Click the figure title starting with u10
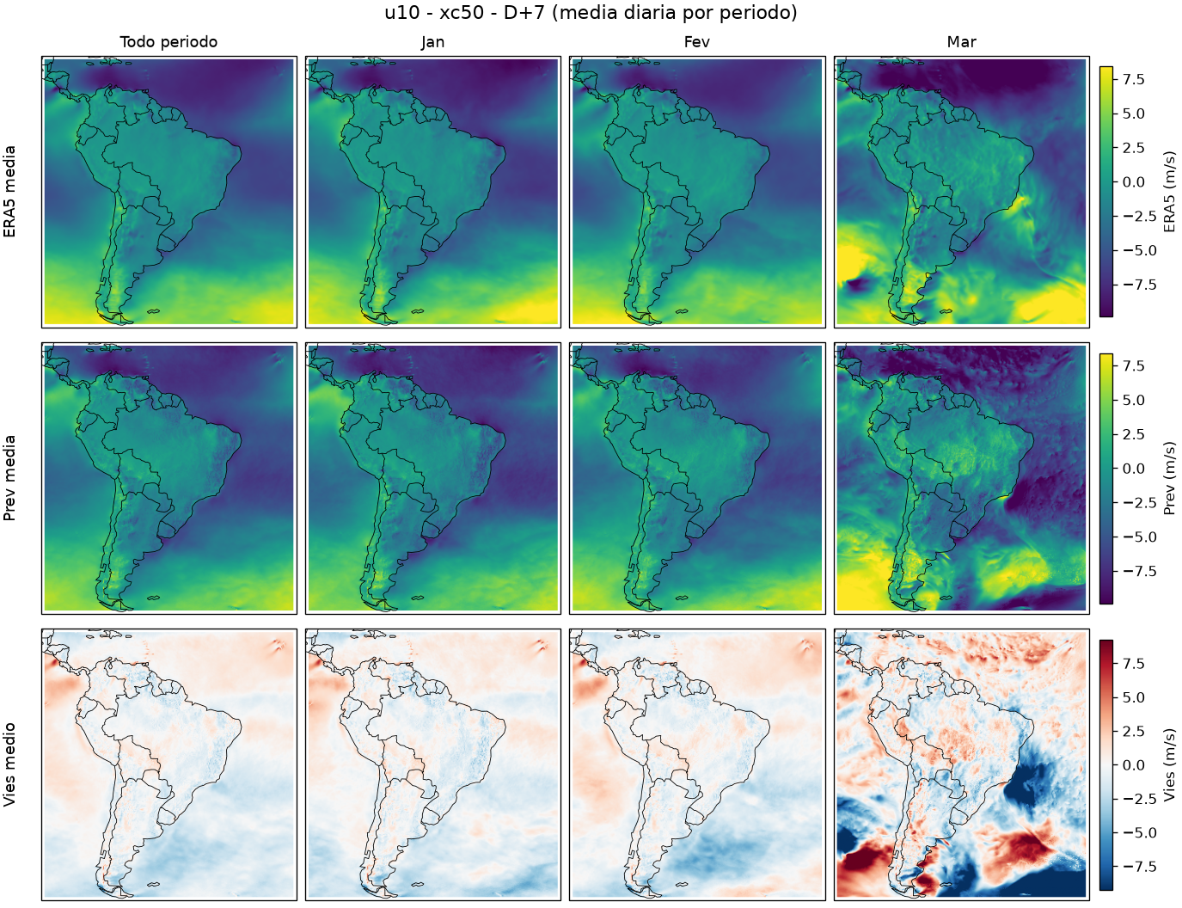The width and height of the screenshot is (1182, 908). click(x=591, y=12)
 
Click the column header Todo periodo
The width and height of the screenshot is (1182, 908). click(x=168, y=42)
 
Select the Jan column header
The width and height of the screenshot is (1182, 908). click(x=432, y=42)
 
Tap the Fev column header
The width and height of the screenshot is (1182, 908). click(x=697, y=42)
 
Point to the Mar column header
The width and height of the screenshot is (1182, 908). click(x=961, y=42)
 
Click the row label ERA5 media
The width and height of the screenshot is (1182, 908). click(x=9, y=192)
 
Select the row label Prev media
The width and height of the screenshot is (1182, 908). click(x=9, y=478)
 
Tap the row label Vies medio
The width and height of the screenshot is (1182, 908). click(x=9, y=765)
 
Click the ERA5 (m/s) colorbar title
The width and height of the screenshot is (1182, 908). click(x=1169, y=192)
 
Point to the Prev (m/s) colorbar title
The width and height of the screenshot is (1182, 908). click(x=1169, y=478)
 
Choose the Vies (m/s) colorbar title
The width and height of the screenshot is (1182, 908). click(x=1169, y=765)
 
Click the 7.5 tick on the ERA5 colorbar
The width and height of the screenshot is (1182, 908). click(x=1134, y=79)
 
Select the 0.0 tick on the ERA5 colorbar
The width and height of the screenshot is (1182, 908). click(x=1134, y=182)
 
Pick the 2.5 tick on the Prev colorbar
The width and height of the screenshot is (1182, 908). click(x=1134, y=434)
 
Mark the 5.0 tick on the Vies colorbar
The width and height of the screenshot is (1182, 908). click(x=1134, y=697)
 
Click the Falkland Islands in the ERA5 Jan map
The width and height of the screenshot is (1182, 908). click(x=418, y=311)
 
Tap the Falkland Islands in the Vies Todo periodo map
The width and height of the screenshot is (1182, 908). click(x=154, y=885)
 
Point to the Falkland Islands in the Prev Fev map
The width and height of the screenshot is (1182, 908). click(x=682, y=598)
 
